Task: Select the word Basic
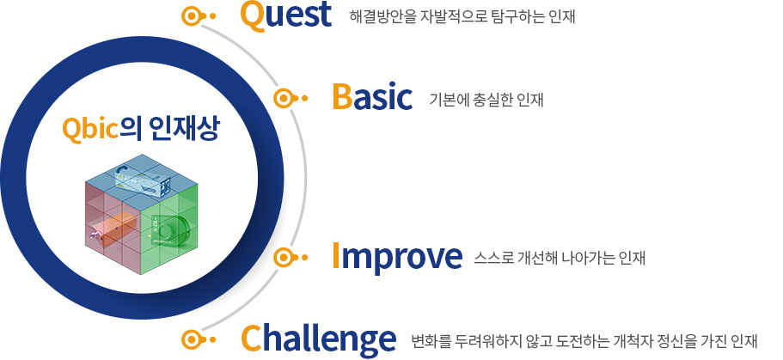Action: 372,97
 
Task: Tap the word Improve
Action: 397,257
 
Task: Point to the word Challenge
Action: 319,338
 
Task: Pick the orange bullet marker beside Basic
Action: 291,98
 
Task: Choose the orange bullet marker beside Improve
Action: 291,258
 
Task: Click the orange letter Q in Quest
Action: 252,16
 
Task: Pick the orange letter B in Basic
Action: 342,97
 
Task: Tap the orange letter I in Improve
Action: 337,256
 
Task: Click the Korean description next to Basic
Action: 486,100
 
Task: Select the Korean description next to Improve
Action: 560,258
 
